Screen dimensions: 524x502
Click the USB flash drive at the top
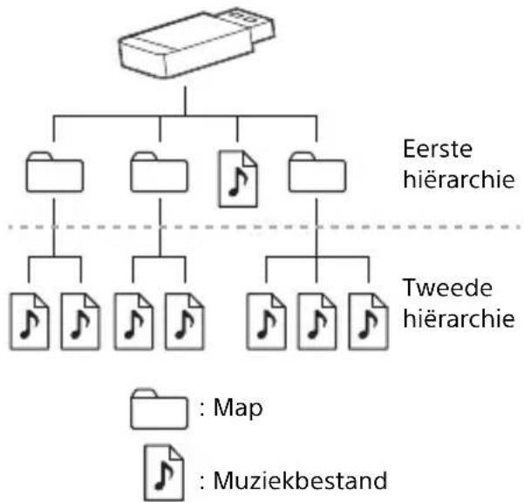pyautogui.click(x=196, y=44)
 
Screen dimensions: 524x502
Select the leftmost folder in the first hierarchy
pyautogui.click(x=55, y=173)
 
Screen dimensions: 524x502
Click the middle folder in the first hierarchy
pyautogui.click(x=159, y=173)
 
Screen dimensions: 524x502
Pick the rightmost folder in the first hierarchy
pyautogui.click(x=317, y=173)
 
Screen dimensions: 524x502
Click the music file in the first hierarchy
pyautogui.click(x=238, y=179)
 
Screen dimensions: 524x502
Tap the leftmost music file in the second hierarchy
pyautogui.click(x=29, y=322)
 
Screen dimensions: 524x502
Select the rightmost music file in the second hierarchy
pyautogui.click(x=368, y=322)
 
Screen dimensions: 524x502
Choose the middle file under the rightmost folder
pyautogui.click(x=317, y=322)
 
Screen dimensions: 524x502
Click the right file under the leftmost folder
pyautogui.click(x=80, y=322)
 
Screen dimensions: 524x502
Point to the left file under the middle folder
pyautogui.click(x=133, y=322)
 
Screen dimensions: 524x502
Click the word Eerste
pyautogui.click(x=438, y=149)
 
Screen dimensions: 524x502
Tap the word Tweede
pyautogui.click(x=448, y=288)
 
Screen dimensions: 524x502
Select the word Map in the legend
pyautogui.click(x=238, y=408)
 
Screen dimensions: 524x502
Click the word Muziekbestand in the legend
pyautogui.click(x=300, y=481)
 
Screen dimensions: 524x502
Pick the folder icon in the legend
pyautogui.click(x=159, y=409)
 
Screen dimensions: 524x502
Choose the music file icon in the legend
pyautogui.click(x=164, y=472)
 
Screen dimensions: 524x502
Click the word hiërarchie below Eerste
pyautogui.click(x=459, y=179)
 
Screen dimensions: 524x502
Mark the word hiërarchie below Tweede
pyautogui.click(x=459, y=318)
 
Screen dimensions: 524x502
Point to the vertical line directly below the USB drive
pyautogui.click(x=185, y=101)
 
